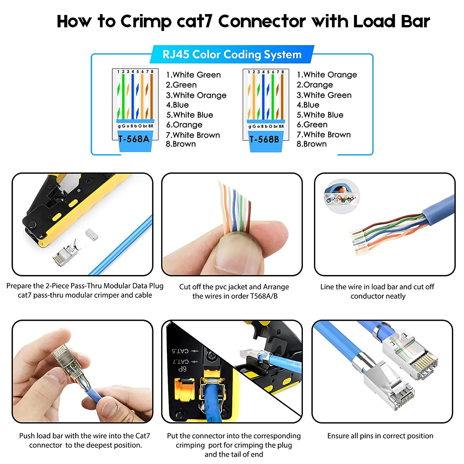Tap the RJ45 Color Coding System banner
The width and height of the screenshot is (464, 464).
(232, 54)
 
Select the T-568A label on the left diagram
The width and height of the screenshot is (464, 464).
(134, 139)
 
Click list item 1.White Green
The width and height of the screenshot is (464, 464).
(193, 75)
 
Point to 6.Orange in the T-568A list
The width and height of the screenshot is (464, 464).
(184, 125)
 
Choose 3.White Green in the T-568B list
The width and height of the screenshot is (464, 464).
(324, 95)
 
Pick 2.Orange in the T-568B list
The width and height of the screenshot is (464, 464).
(315, 85)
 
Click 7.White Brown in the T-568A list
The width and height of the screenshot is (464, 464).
(193, 135)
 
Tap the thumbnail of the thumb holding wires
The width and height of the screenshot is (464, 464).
(232, 224)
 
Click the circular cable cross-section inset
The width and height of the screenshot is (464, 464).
(342, 196)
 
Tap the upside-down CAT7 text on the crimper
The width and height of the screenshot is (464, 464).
(181, 361)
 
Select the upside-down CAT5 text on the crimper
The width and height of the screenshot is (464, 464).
(180, 351)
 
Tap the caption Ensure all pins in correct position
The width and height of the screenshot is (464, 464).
(380, 436)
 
